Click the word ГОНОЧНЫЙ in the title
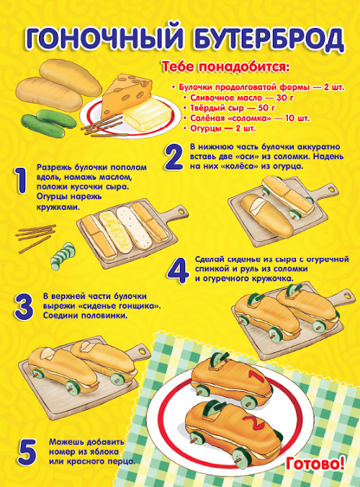[x=104, y=38]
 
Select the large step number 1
[x=21, y=181]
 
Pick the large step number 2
[x=174, y=157]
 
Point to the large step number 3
[x=24, y=307]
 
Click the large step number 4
[x=178, y=271]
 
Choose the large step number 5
[x=27, y=452]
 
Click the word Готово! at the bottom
[x=315, y=463]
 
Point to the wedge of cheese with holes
[x=127, y=92]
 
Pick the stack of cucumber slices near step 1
[x=63, y=256]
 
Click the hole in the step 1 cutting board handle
[x=180, y=211]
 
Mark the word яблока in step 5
[x=103, y=451]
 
